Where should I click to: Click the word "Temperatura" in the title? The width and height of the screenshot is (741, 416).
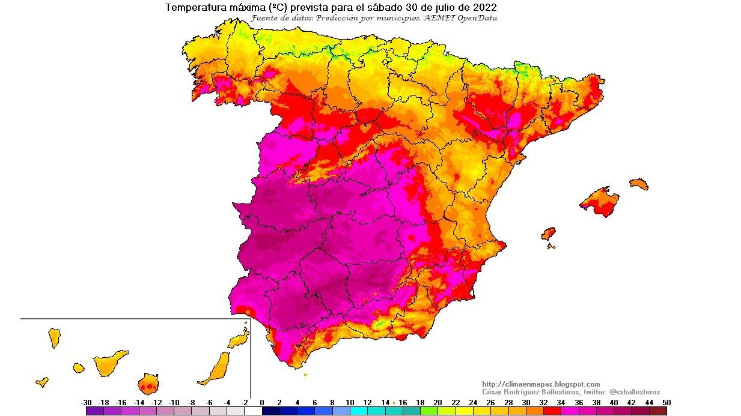(192, 8)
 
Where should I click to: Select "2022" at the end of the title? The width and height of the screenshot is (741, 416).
(484, 8)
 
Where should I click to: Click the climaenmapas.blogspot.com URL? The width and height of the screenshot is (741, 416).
(541, 384)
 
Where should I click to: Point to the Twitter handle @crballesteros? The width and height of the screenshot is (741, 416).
(635, 392)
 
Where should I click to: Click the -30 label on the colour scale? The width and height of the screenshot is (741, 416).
(86, 403)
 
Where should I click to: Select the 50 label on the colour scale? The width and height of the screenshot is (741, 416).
(666, 403)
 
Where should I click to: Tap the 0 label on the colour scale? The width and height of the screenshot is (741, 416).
(262, 403)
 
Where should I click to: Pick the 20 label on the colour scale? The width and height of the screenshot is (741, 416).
(438, 403)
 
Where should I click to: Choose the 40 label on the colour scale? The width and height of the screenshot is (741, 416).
(614, 403)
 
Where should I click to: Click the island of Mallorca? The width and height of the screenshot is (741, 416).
(600, 202)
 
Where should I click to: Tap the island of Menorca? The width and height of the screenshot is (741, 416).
(639, 184)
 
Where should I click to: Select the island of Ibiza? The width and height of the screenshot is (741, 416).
(548, 234)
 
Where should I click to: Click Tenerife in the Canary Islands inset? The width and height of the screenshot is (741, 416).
(110, 363)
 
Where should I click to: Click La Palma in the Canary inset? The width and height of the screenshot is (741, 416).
(54, 337)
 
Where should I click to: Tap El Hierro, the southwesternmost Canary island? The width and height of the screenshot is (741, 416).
(42, 381)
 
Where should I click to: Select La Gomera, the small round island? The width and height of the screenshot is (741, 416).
(79, 367)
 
